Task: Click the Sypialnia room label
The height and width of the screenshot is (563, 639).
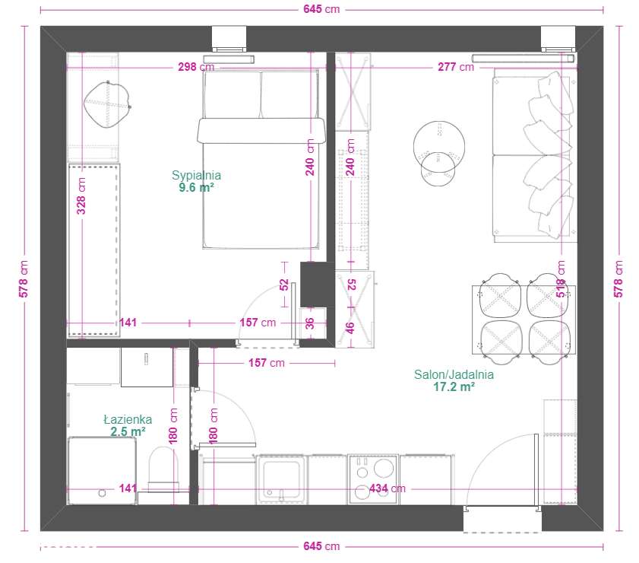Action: coord(197,175)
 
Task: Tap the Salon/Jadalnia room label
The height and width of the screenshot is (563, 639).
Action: coord(454,374)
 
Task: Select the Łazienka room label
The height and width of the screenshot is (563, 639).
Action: coord(128,419)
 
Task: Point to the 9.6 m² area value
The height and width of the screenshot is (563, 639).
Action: coord(196,187)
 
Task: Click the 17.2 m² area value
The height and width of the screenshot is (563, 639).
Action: coord(454,386)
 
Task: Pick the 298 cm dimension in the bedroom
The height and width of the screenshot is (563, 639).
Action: coord(196,67)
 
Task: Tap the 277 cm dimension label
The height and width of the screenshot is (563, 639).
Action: coord(456,67)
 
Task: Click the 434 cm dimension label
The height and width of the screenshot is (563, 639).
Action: coord(388,488)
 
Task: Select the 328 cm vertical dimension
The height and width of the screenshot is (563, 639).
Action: coord(81,196)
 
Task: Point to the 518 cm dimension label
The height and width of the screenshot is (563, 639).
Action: coord(561,279)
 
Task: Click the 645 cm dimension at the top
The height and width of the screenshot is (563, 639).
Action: coord(321,9)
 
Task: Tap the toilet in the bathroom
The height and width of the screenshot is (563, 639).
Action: coord(163,469)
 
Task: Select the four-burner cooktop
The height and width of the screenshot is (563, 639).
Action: coord(373,479)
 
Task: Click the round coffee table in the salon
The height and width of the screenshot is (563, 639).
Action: coord(439,147)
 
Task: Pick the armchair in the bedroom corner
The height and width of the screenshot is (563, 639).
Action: coord(107,105)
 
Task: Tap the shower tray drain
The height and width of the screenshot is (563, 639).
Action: coord(102,493)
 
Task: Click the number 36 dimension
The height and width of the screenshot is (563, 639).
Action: coord(310,323)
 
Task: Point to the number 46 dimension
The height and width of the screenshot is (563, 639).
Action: coord(350,327)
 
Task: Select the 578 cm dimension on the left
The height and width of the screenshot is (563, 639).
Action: coord(24,279)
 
